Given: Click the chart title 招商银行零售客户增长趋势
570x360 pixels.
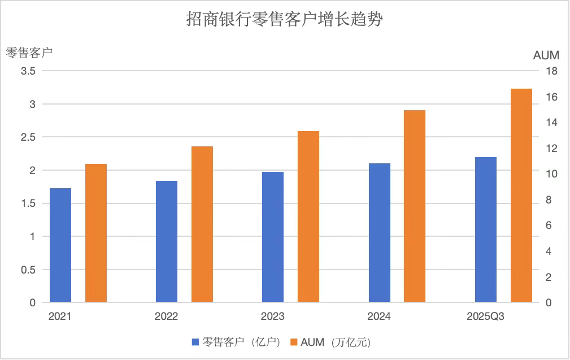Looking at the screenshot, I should click(x=285, y=20).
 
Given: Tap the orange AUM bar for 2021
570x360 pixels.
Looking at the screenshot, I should click(x=96, y=233).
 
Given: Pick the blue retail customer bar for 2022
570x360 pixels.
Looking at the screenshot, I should click(x=167, y=241).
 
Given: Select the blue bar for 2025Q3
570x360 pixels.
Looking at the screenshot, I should click(x=485, y=229).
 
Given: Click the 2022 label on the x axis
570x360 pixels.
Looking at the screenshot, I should click(x=166, y=316).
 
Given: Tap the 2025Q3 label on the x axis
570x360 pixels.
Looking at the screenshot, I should click(x=485, y=316).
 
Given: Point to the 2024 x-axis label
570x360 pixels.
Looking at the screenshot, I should click(x=378, y=316).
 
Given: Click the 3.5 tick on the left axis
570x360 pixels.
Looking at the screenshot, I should click(x=28, y=71).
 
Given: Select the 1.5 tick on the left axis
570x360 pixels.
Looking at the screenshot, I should click(x=28, y=203).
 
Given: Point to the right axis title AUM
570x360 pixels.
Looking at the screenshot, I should click(x=546, y=55).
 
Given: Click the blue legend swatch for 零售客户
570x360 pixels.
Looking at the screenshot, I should click(x=195, y=342).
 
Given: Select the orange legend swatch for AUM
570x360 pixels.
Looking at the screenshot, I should click(x=294, y=342).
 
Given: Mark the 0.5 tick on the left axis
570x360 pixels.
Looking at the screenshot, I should click(x=28, y=270).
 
